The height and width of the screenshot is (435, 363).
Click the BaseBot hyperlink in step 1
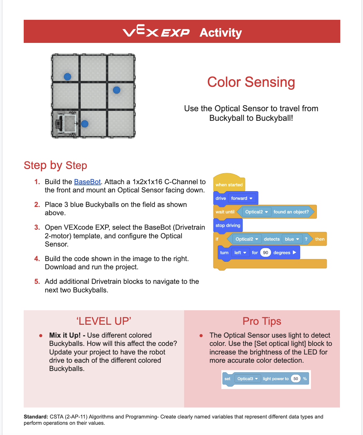coord(87,182)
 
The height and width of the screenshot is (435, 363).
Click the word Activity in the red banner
coord(220,33)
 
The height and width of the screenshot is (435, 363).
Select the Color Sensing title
coord(251,82)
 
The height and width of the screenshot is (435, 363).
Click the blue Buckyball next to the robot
coord(85,124)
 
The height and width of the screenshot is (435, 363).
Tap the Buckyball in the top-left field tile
coord(68,77)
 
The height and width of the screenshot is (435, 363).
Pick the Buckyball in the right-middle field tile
coord(117,90)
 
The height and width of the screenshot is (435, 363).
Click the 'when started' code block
coord(229,184)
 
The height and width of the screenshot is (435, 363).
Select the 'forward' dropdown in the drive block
coord(242,198)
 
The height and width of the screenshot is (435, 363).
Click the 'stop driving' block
coord(228,225)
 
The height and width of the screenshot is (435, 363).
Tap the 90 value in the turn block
coord(265,252)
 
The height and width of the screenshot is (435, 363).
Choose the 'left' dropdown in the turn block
coord(240,252)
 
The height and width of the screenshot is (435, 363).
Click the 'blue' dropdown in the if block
coord(292,239)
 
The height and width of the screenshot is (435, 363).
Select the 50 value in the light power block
coord(296,379)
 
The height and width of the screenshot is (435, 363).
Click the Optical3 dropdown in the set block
coord(247,379)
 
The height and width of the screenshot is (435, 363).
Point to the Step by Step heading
coord(55,165)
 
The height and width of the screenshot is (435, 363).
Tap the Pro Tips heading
coord(262,321)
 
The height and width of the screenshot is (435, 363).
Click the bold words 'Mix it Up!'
coord(65,335)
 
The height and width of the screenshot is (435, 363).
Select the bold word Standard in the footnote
coord(36,417)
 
